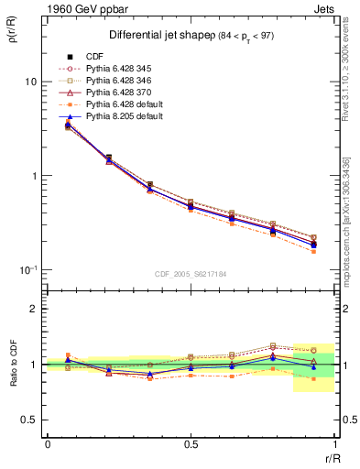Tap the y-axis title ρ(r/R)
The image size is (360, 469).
click(x=14, y=41)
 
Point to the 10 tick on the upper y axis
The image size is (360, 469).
click(x=30, y=82)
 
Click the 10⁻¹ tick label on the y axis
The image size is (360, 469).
click(x=27, y=269)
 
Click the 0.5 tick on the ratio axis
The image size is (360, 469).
click(x=29, y=420)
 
